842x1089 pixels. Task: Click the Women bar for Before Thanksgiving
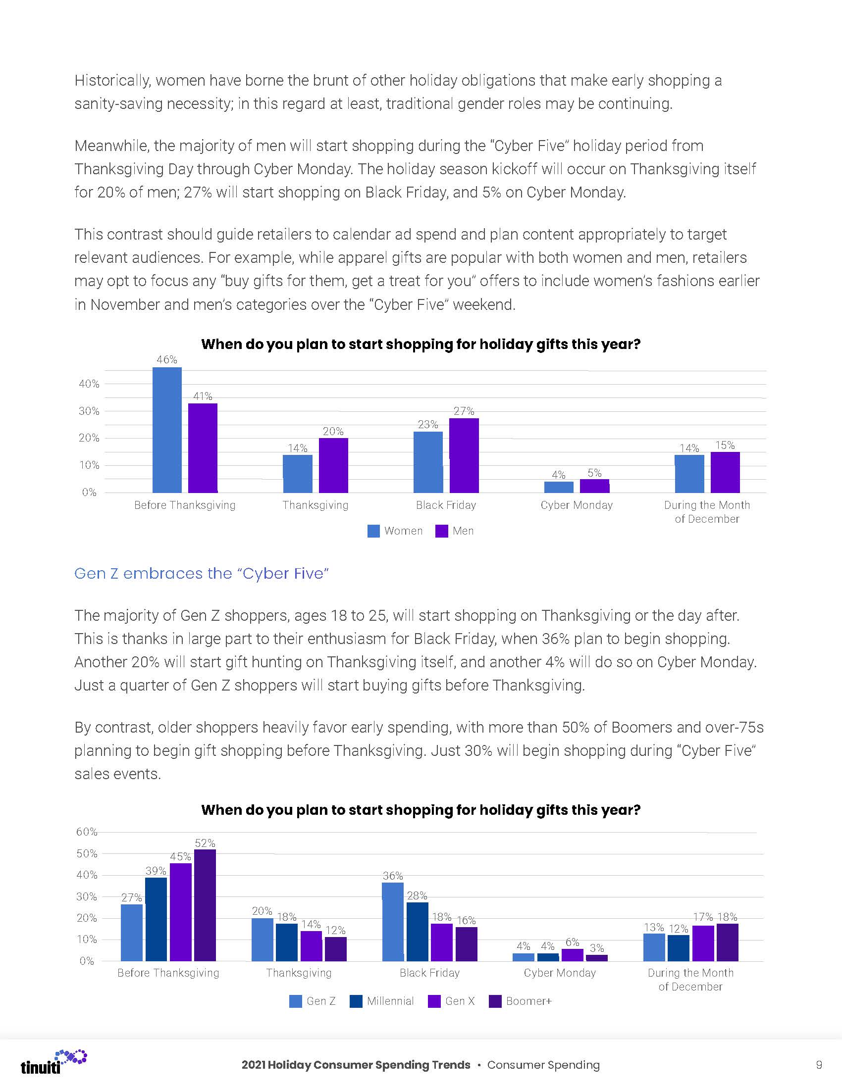(x=167, y=430)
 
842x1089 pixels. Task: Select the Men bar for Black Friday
(x=464, y=455)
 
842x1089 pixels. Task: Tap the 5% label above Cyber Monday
(x=594, y=473)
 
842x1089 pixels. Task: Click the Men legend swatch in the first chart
(x=442, y=531)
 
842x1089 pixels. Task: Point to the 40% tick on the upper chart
(x=89, y=384)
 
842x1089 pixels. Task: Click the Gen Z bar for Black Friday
(x=393, y=922)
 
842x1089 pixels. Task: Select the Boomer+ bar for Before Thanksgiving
(x=205, y=905)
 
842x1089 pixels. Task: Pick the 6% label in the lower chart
(x=572, y=942)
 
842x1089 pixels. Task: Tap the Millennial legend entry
(x=382, y=1001)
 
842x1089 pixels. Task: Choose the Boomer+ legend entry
(x=521, y=1001)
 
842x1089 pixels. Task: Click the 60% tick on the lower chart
(x=86, y=832)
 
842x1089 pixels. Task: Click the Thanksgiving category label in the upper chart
(x=315, y=505)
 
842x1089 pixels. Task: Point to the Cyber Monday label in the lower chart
(x=560, y=973)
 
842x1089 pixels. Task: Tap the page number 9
(x=819, y=1065)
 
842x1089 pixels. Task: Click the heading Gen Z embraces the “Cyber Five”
(x=202, y=573)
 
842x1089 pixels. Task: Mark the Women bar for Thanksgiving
(x=298, y=474)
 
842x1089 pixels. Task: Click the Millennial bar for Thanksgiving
(x=287, y=942)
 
